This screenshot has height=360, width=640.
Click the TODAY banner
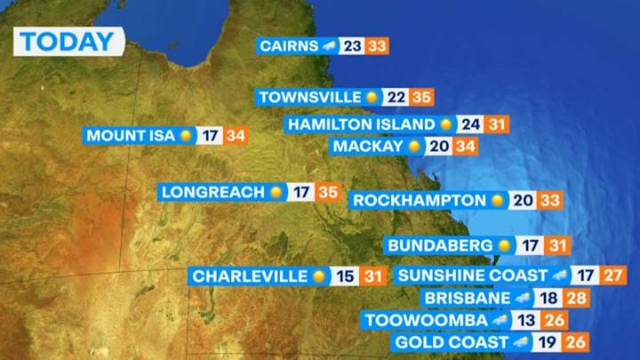tap(68, 41)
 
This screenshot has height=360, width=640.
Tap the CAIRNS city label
tap(290, 46)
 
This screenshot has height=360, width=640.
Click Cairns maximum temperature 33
tap(377, 46)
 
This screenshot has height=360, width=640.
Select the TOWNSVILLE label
tap(309, 97)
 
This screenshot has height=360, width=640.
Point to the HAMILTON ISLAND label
tap(360, 124)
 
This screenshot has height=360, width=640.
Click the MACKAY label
tap(368, 146)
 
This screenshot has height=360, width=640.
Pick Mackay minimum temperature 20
tap(437, 146)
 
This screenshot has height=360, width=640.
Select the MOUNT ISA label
tap(130, 136)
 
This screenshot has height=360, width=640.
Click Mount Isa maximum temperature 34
tap(235, 136)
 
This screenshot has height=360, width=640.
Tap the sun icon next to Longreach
tap(276, 192)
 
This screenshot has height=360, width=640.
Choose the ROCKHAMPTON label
tap(419, 201)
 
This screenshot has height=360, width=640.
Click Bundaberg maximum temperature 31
tap(557, 245)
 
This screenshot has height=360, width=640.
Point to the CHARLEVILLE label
tap(249, 276)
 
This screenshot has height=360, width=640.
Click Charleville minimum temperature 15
tap(345, 276)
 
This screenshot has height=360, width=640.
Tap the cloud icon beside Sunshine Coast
tap(560, 276)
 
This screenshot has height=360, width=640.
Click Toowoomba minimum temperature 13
tap(530, 320)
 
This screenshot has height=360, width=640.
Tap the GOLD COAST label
tap(451, 342)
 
